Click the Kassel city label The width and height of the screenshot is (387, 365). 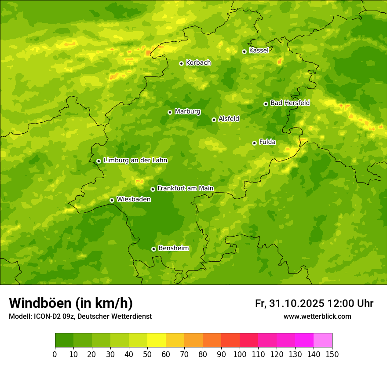(259, 51)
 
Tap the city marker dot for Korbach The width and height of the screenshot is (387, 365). (181, 63)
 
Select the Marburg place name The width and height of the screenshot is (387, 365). (187, 112)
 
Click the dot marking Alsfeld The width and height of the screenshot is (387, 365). (214, 120)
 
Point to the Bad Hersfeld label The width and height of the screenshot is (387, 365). (290, 103)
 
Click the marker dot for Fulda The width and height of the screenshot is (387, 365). (254, 143)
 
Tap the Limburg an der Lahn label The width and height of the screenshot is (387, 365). (135, 161)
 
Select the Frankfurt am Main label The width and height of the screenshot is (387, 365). (185, 189)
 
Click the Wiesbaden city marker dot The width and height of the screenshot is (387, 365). (112, 200)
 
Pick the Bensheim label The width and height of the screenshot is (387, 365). (173, 248)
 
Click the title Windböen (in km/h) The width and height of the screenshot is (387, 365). (71, 303)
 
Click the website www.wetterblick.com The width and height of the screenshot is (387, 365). (317, 317)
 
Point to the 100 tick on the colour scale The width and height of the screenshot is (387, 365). (240, 354)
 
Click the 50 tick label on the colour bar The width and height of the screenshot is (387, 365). (147, 354)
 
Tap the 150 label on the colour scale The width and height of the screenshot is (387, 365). (332, 354)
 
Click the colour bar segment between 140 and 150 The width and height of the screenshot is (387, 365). (323, 340)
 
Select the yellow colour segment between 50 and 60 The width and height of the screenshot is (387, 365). (157, 340)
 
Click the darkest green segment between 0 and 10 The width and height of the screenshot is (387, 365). (64, 340)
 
